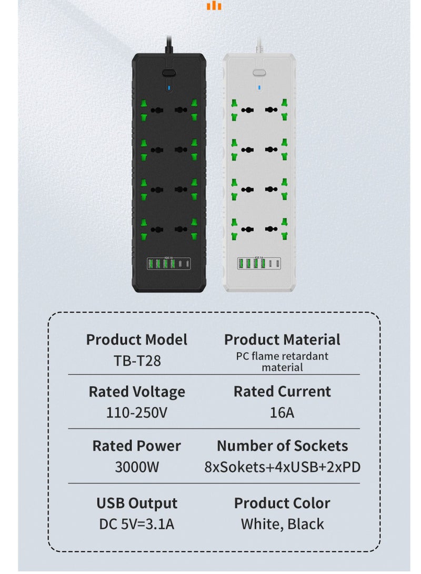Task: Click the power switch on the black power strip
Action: (168, 73)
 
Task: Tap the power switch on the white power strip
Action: (259, 73)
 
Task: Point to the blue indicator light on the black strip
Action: (168, 87)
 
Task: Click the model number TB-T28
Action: (137, 361)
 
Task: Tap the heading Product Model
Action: (137, 339)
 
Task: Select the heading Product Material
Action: (282, 339)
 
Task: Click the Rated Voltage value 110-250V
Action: (137, 412)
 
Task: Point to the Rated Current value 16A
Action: (282, 412)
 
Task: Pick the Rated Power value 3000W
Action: (137, 467)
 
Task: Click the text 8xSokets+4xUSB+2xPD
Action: (282, 467)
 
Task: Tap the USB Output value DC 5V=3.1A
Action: (137, 524)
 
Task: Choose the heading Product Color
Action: (282, 503)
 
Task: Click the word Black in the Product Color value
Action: (306, 524)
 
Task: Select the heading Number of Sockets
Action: (282, 446)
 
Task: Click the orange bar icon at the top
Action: (214, 6)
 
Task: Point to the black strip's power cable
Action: (168, 44)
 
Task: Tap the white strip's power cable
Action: (259, 44)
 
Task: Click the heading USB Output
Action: (137, 503)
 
